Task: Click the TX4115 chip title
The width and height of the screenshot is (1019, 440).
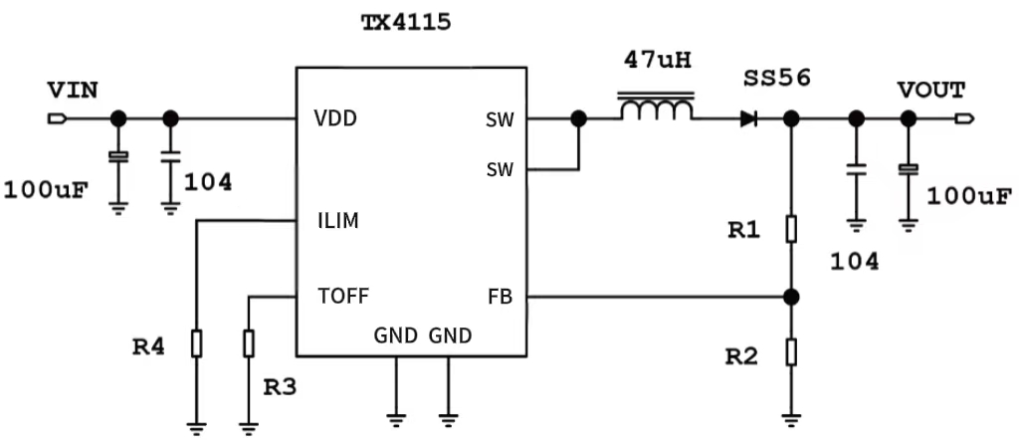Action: coord(405,22)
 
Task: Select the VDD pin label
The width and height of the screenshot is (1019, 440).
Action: coord(335,118)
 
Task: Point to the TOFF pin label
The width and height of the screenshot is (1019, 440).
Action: coord(343,296)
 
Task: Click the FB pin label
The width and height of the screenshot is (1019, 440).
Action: coord(501,296)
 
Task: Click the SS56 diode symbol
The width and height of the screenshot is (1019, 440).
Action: coord(748,119)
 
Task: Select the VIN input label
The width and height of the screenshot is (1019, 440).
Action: coord(73,91)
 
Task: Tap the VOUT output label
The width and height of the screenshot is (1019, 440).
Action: coord(930,91)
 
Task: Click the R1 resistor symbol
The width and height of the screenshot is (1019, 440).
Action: coord(791,230)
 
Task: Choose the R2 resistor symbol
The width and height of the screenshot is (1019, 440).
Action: coord(791,351)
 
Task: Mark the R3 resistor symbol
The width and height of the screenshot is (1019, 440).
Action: coord(248,343)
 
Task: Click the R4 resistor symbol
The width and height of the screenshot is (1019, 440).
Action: coord(196,343)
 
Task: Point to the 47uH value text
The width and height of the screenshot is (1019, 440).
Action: coord(657,60)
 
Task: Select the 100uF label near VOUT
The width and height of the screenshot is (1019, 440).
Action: coord(968,195)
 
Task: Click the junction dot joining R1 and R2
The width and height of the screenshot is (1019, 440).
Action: coord(791,297)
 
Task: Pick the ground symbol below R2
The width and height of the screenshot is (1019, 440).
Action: coord(791,419)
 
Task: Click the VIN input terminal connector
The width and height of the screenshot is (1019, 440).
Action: coord(57,119)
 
